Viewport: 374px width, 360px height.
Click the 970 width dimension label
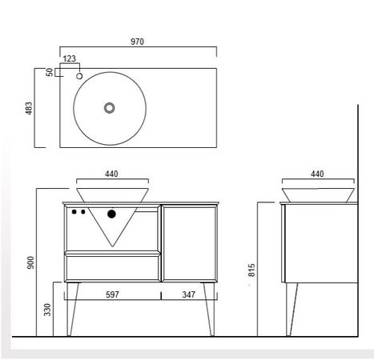coord(137,42)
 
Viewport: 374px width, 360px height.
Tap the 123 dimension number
coord(70,58)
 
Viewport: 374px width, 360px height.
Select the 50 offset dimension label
coord(50,72)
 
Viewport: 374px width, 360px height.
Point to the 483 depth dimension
coord(29,108)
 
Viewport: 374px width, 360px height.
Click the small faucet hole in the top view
coord(79,76)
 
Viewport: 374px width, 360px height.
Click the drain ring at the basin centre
coord(110,108)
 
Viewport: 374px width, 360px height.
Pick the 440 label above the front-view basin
coord(111,174)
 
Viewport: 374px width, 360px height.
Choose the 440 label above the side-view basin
coord(317,174)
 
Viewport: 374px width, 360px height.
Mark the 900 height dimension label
coord(31,262)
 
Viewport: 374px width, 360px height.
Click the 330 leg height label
coord(47,310)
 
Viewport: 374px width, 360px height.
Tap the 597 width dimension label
coord(112,294)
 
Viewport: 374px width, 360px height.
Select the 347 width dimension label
coord(189,294)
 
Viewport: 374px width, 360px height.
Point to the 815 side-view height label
coord(251,270)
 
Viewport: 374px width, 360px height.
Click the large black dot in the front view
coord(111,214)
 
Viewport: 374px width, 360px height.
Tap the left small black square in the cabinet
coord(74,212)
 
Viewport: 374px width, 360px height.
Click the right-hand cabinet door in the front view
coord(189,243)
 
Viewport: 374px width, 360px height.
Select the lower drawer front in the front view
coord(112,268)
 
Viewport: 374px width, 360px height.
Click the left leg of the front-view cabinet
coord(72,309)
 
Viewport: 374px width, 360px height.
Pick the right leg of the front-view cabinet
coord(209,309)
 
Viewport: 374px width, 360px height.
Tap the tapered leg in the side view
coord(292,310)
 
